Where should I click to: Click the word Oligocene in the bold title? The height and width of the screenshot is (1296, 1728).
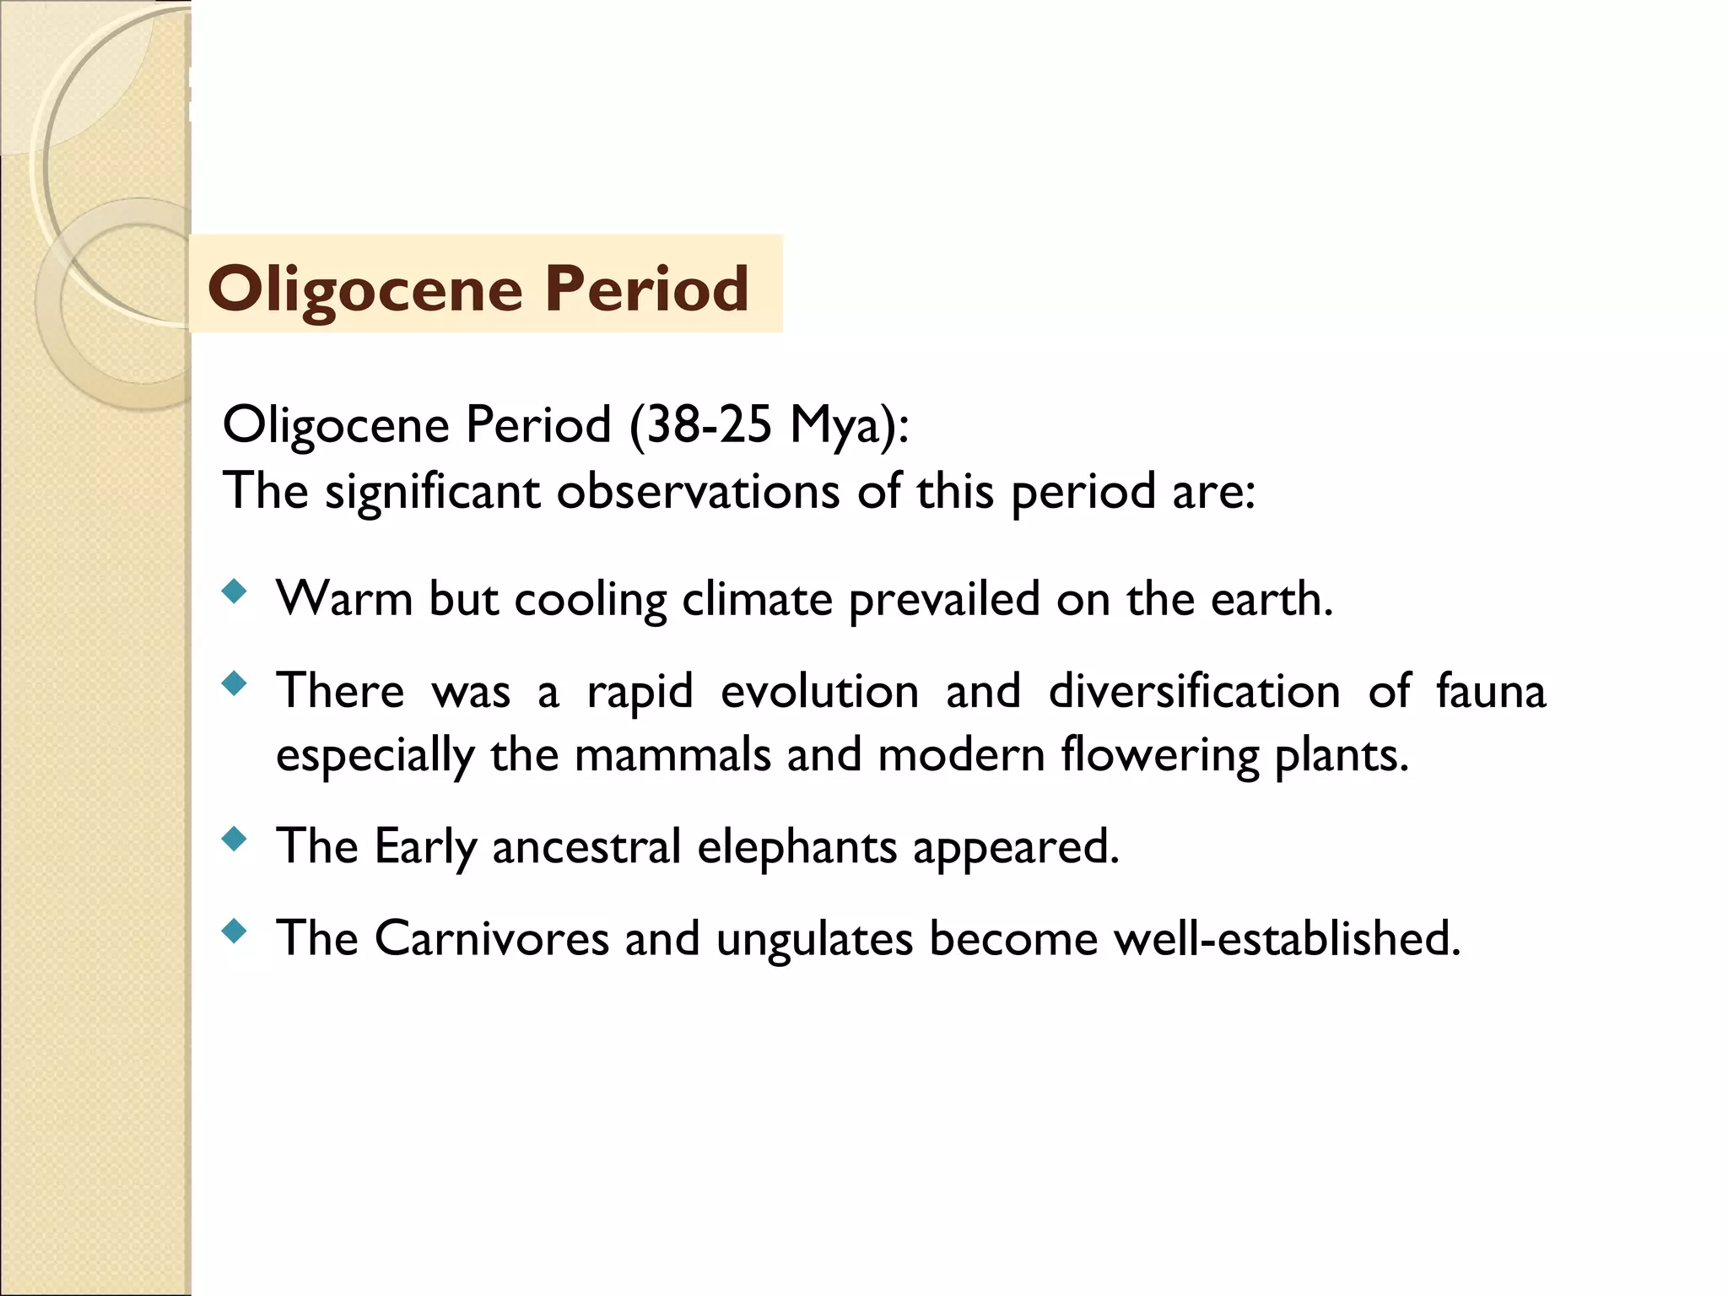pos(365,289)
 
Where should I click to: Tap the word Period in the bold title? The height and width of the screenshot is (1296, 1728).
pos(646,289)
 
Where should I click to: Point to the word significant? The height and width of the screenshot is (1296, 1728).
pos(432,492)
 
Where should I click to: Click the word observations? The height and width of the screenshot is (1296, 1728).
pos(698,491)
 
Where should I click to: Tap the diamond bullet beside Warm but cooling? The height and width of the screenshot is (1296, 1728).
pos(235,591)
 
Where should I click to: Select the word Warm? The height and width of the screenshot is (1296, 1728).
pos(344,599)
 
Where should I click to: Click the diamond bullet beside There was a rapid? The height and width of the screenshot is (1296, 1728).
pos(235,683)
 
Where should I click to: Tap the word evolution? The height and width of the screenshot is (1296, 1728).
pos(819,691)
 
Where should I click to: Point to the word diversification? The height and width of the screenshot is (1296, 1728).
pos(1194,691)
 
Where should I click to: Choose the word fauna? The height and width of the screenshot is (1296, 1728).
pos(1491,691)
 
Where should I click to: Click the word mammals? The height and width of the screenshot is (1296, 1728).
pos(672,754)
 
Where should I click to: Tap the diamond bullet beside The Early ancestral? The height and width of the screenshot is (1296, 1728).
pos(235,839)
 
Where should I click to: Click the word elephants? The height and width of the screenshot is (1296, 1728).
pos(796,846)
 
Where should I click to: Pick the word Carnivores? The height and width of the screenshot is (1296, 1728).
pos(491,938)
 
